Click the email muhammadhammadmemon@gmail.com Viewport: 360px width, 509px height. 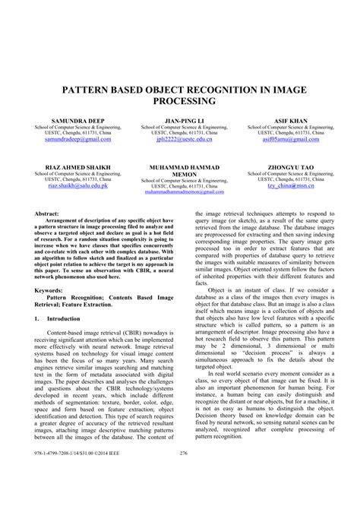(x=181, y=192)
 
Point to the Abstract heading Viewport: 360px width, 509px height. (x=48, y=215)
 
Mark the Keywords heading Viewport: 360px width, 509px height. (x=49, y=289)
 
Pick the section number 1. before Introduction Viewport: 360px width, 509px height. (x=38, y=318)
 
